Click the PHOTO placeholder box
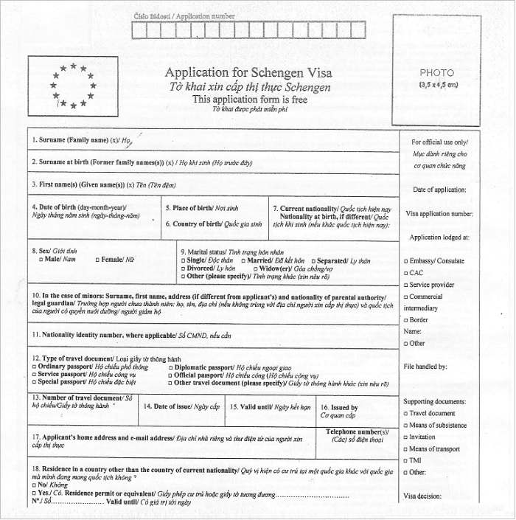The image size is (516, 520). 436,78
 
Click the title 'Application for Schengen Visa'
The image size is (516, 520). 248,72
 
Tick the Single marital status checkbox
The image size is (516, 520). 183,261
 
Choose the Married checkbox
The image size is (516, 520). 244,261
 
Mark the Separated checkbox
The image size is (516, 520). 313,261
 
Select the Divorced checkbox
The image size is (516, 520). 183,269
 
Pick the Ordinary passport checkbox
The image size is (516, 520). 34,367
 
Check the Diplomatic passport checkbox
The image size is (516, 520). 170,367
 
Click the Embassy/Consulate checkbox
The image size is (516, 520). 406,261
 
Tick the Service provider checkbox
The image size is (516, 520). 406,284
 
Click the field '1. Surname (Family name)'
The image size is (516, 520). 214,139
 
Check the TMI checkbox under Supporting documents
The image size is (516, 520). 406,460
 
